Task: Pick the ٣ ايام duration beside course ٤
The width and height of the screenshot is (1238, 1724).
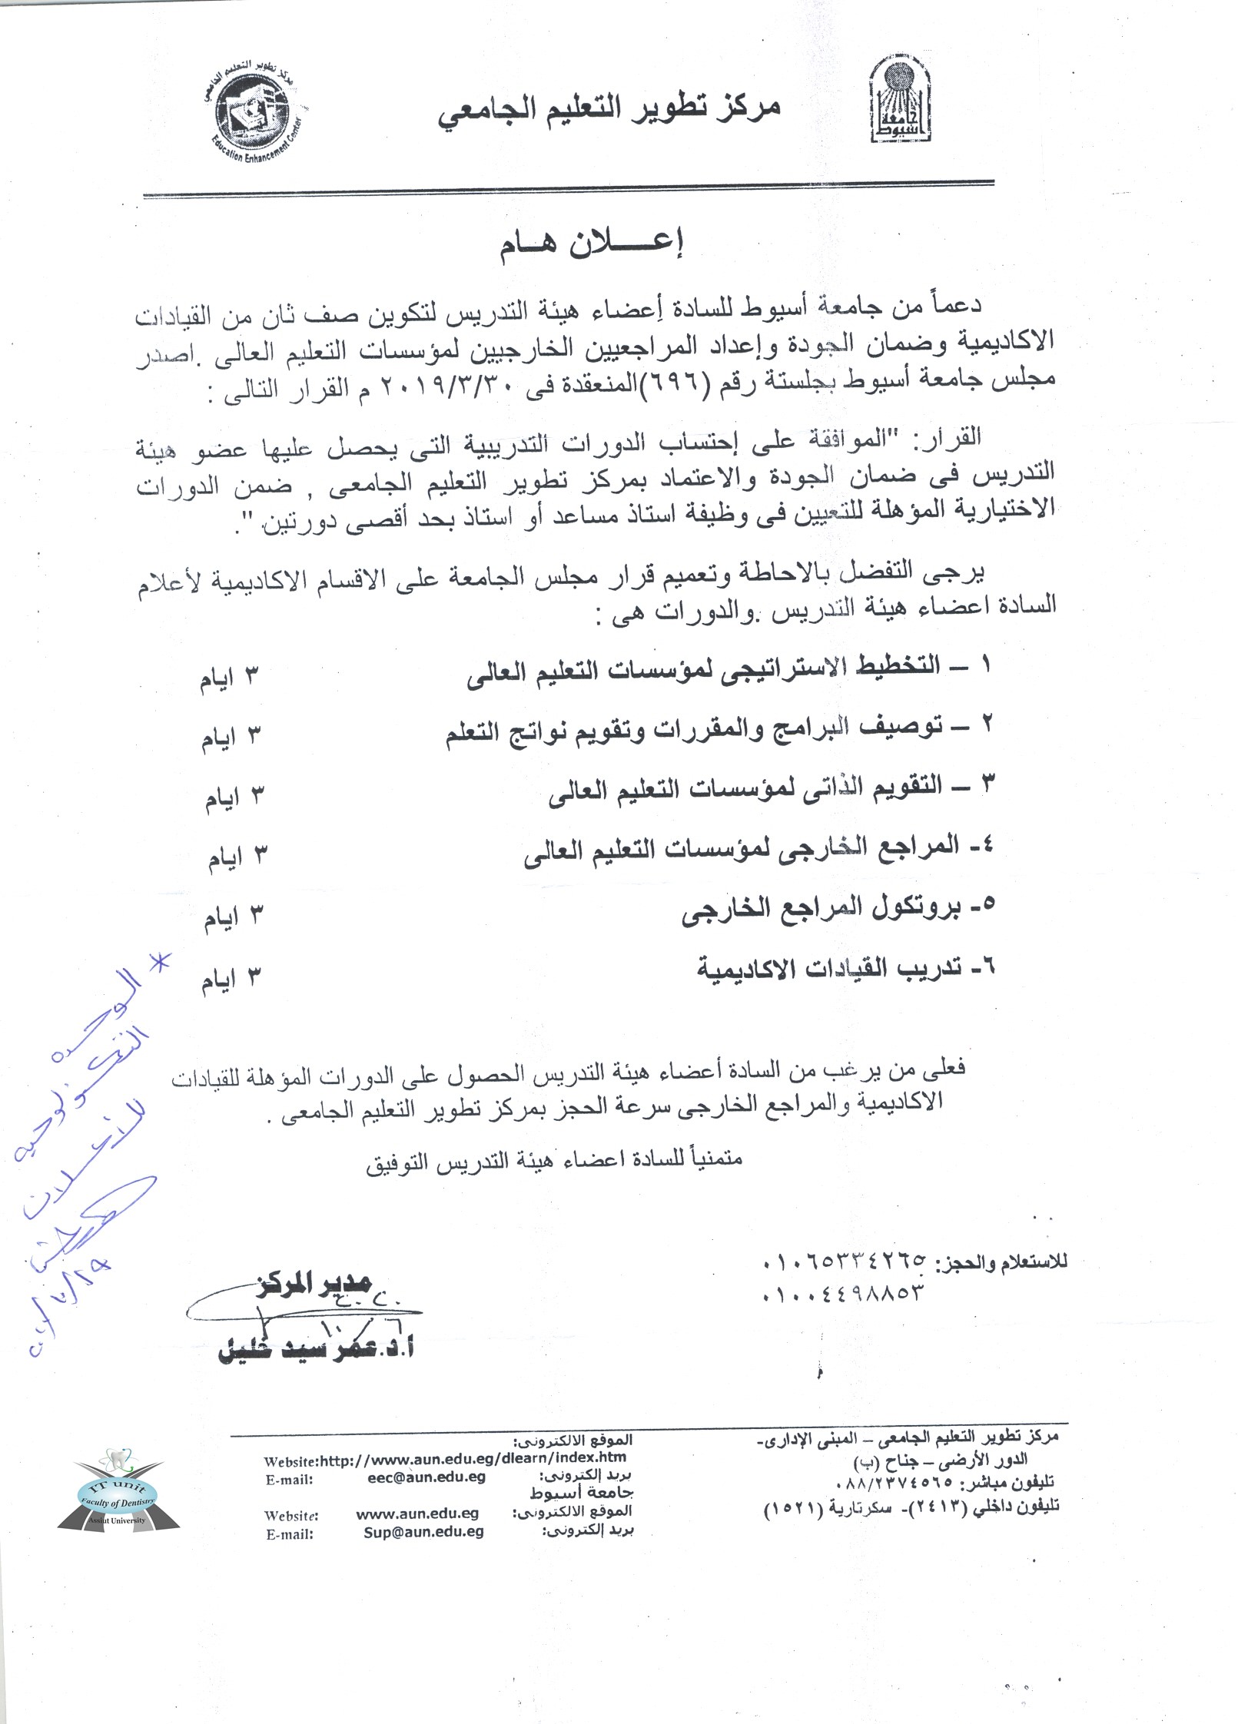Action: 234,857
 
